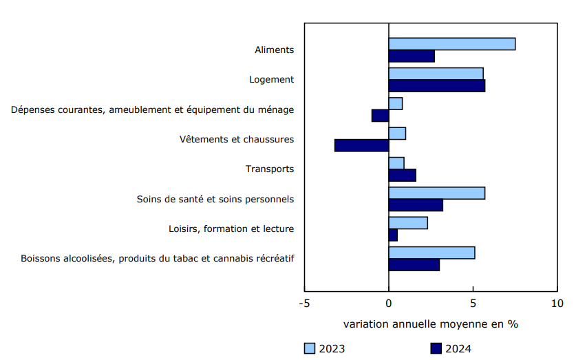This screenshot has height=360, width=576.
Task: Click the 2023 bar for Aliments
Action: point(451,44)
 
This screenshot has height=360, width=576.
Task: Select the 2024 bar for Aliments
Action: point(412,56)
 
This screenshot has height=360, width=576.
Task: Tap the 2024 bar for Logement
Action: point(436,86)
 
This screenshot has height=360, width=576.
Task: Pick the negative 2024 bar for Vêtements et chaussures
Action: point(361,145)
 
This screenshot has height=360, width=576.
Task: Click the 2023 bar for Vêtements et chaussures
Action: point(397,134)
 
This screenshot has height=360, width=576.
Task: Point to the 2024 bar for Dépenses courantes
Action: point(380,116)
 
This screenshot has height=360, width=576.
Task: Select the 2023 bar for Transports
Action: point(396,163)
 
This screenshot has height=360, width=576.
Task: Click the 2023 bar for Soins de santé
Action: point(436,193)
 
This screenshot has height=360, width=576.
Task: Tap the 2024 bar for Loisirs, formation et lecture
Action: point(393,235)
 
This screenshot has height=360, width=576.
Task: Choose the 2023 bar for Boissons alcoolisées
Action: point(431,253)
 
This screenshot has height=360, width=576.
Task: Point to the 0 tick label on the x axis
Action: point(389,304)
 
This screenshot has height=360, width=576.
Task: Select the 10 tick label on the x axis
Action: point(557,304)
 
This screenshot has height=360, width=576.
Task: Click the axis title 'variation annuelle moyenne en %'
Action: point(430,324)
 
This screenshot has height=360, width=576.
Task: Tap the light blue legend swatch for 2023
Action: point(310,348)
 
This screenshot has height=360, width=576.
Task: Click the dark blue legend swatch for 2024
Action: point(436,348)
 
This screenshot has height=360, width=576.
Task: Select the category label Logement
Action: point(271,80)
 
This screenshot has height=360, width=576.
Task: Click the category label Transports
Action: point(270,169)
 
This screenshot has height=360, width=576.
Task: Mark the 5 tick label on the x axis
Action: point(473,304)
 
